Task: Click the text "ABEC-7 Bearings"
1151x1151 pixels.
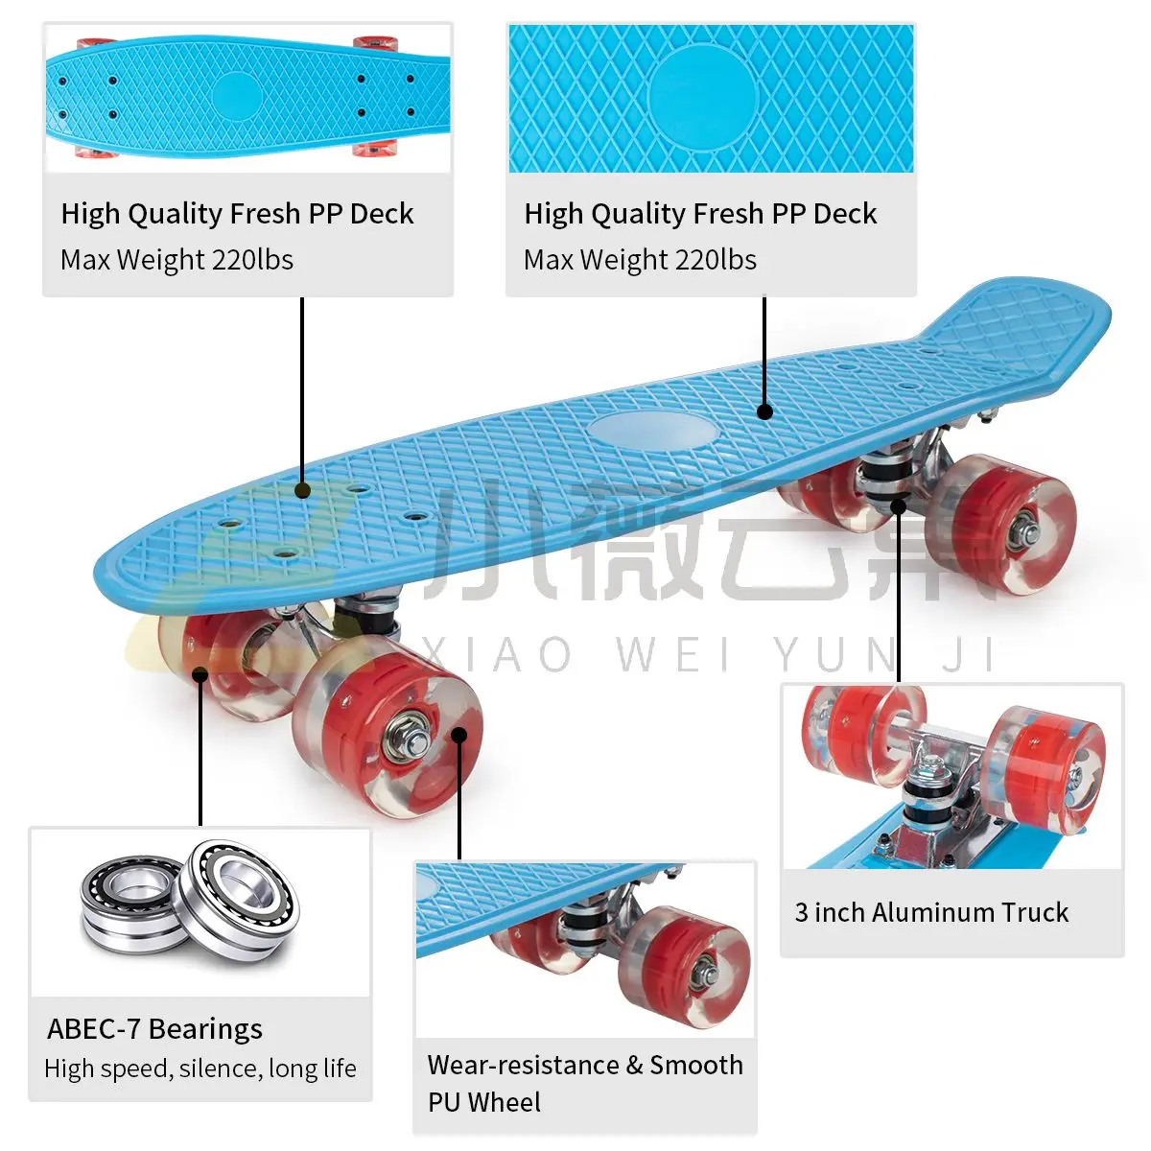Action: coord(154,1028)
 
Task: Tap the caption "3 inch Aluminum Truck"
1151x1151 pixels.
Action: coord(931,912)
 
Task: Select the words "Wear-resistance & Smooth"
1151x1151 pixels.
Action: coord(585,1065)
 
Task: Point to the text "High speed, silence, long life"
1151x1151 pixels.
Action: coord(200,1069)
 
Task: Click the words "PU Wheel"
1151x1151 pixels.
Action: coord(484,1102)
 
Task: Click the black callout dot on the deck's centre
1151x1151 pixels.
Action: coord(764,412)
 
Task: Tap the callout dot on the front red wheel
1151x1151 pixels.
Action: coord(459,736)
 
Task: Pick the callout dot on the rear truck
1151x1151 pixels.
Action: coord(899,505)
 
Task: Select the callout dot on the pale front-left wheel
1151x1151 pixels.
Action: coord(200,674)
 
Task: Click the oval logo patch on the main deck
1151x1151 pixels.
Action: coord(653,431)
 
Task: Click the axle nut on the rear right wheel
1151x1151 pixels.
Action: coord(1025,525)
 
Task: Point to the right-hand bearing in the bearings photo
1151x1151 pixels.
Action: coord(239,897)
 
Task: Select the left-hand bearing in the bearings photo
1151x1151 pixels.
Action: coord(129,904)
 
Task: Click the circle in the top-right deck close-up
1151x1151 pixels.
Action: coord(703,97)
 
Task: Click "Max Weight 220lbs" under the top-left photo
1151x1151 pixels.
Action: coord(176,260)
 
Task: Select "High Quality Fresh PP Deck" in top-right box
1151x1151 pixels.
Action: coord(700,214)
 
